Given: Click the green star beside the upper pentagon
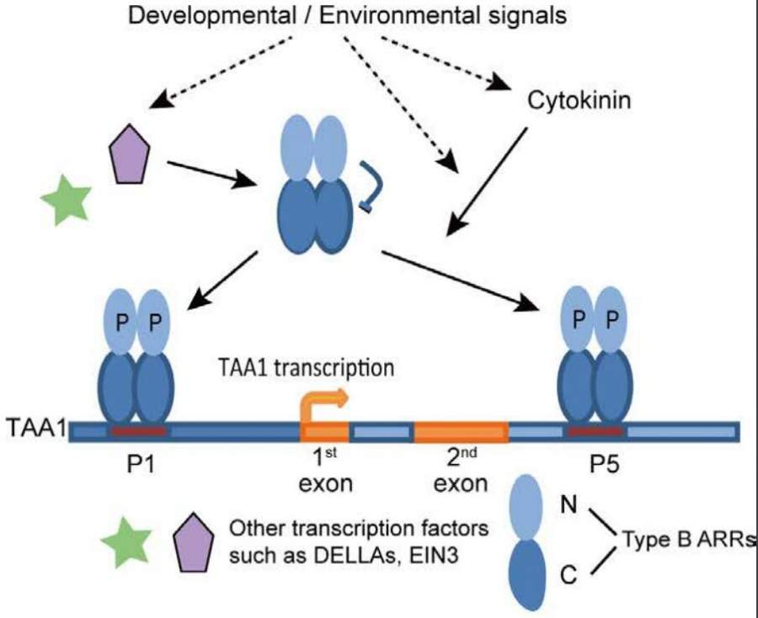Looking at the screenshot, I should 66,199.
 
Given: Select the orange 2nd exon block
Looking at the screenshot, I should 460,432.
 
